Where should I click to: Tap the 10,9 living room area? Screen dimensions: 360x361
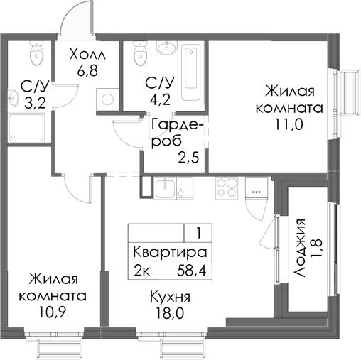54,311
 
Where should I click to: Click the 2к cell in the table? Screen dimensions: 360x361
141,270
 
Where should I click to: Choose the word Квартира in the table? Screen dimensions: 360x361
169,252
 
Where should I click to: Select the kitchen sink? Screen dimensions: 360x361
165,187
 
